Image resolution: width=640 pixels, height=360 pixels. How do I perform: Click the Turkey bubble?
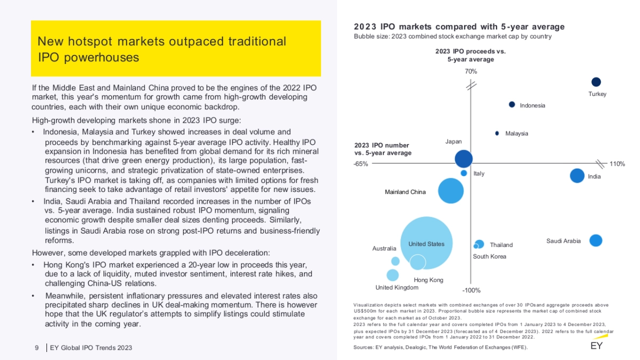pyautogui.click(x=596, y=82)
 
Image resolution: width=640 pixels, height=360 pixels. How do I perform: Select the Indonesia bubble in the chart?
pyautogui.click(x=511, y=105)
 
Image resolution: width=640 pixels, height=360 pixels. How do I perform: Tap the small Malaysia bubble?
pyautogui.click(x=497, y=133)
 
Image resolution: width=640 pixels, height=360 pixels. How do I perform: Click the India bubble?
pyautogui.click(x=577, y=175)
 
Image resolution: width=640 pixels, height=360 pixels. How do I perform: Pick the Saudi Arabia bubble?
pyautogui.click(x=596, y=241)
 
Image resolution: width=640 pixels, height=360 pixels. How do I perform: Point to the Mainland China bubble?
pyautogui.click(x=451, y=191)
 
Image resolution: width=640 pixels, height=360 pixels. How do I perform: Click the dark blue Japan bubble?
pyautogui.click(x=464, y=158)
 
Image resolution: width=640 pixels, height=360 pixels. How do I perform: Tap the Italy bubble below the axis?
pyautogui.click(x=464, y=173)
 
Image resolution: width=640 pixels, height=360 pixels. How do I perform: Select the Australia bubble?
pyautogui.click(x=395, y=261)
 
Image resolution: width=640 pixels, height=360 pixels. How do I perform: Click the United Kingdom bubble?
pyautogui.click(x=393, y=275)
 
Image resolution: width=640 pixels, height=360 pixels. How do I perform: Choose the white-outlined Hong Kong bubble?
pyautogui.click(x=418, y=262)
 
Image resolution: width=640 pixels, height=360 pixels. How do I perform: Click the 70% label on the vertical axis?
pyautogui.click(x=471, y=71)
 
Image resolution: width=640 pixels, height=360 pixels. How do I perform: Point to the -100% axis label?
pyautogui.click(x=471, y=291)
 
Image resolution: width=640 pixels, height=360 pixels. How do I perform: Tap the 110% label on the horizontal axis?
pyautogui.click(x=617, y=164)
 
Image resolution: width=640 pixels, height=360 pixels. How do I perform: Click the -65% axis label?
pyautogui.click(x=361, y=164)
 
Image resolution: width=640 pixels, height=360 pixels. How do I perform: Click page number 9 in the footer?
pyautogui.click(x=37, y=348)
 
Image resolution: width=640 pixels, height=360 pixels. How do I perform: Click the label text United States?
pyautogui.click(x=426, y=244)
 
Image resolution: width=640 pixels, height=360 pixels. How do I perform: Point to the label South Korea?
pyautogui.click(x=490, y=257)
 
